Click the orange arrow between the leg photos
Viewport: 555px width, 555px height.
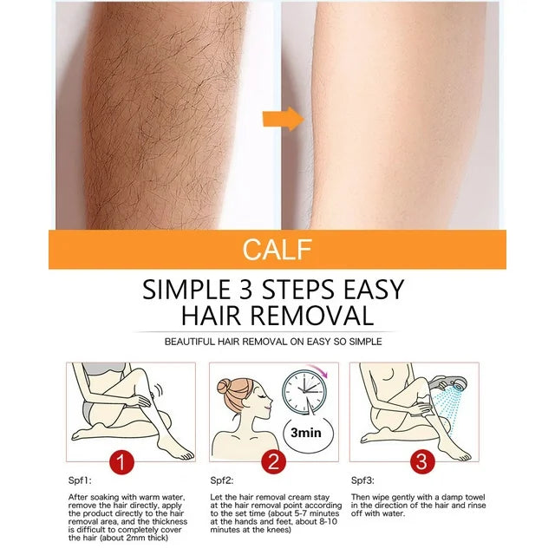click(284, 119)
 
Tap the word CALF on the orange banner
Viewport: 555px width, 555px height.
click(277, 250)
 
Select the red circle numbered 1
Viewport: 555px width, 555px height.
click(121, 462)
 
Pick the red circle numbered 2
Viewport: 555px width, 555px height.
click(274, 462)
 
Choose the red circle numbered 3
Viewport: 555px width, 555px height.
click(422, 462)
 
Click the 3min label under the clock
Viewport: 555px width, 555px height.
click(306, 433)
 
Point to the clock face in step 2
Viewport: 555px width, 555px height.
click(304, 392)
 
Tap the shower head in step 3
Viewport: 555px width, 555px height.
click(449, 383)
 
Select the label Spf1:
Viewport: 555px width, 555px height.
click(80, 480)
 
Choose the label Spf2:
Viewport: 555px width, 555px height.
click(222, 480)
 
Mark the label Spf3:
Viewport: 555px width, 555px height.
click(362, 480)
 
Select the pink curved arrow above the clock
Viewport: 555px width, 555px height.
click(318, 370)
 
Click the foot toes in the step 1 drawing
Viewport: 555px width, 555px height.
click(185, 455)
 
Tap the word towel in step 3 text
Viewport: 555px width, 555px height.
click(474, 497)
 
